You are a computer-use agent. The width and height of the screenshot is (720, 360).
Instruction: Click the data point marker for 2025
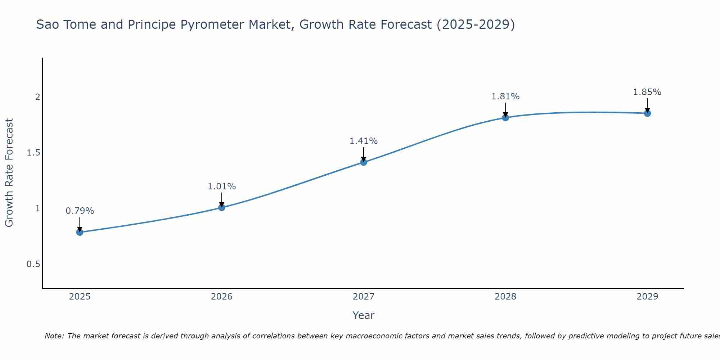(80, 232)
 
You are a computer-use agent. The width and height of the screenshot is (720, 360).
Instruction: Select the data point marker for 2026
(222, 207)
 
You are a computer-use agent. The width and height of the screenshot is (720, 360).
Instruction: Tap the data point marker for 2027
(364, 162)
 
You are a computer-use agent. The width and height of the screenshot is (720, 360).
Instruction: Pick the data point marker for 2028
(505, 118)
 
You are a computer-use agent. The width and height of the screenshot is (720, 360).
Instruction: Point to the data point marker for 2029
(647, 113)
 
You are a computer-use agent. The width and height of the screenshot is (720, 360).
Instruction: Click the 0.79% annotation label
(80, 211)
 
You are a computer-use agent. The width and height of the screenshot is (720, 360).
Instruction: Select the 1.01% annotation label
(222, 186)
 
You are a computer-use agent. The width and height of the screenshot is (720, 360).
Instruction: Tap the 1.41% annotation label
(364, 141)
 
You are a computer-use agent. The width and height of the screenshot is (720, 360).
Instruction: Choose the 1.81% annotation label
(505, 96)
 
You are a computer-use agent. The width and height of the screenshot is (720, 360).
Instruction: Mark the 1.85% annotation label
(647, 92)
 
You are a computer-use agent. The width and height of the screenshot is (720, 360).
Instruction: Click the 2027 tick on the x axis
(364, 297)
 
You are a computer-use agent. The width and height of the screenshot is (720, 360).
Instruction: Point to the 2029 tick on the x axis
(647, 297)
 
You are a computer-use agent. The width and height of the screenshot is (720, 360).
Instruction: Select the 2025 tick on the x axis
(80, 297)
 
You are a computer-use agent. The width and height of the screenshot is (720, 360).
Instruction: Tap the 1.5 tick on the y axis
(33, 153)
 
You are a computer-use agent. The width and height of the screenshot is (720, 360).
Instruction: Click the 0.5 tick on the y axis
(33, 264)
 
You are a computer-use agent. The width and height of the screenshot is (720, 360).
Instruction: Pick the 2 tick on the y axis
(37, 97)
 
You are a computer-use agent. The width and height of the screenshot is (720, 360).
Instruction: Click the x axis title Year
(364, 315)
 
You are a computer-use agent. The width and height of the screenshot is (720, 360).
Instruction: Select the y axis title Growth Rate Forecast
(9, 173)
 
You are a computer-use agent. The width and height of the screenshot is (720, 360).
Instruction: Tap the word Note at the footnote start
(54, 336)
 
